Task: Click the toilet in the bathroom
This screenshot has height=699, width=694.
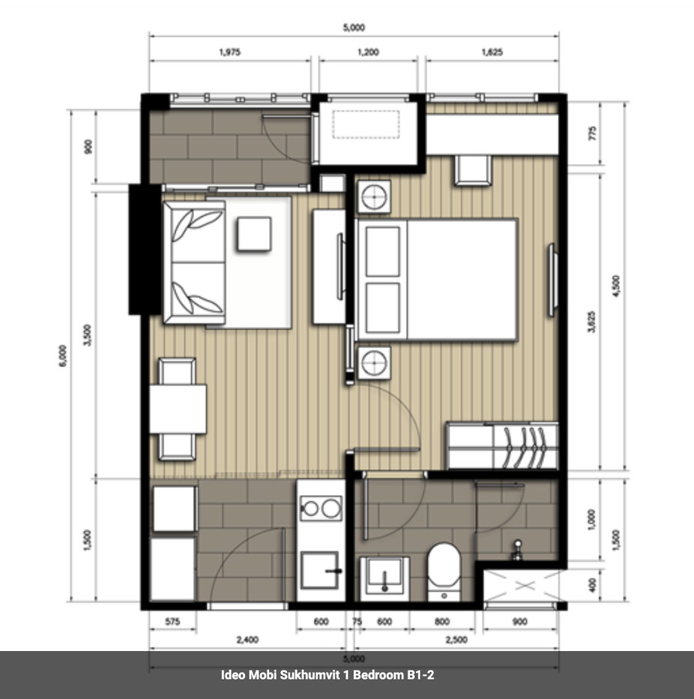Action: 444,571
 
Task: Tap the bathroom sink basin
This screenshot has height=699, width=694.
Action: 384,576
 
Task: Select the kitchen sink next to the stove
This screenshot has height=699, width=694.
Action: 319,570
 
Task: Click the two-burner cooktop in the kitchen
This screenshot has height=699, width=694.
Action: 322,508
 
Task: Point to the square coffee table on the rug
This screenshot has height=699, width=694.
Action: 254,233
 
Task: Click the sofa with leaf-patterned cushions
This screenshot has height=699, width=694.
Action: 194,262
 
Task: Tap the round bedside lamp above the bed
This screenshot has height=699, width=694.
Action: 374,196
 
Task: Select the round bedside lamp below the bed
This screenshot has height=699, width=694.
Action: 374,362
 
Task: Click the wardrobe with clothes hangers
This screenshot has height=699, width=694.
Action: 502,445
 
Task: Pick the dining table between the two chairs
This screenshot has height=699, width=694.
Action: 178,409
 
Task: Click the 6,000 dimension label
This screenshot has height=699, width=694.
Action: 63,355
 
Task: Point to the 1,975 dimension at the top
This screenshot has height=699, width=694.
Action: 230,52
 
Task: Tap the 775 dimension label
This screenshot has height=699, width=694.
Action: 592,133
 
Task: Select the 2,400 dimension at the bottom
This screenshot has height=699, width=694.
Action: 247,640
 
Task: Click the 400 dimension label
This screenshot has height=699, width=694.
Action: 592,585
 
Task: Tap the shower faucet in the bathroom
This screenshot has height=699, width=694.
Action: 517,550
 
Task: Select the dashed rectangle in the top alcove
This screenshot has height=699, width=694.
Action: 366,124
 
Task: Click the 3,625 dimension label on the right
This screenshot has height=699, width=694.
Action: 591,322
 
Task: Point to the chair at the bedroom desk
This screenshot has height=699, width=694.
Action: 473,169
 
